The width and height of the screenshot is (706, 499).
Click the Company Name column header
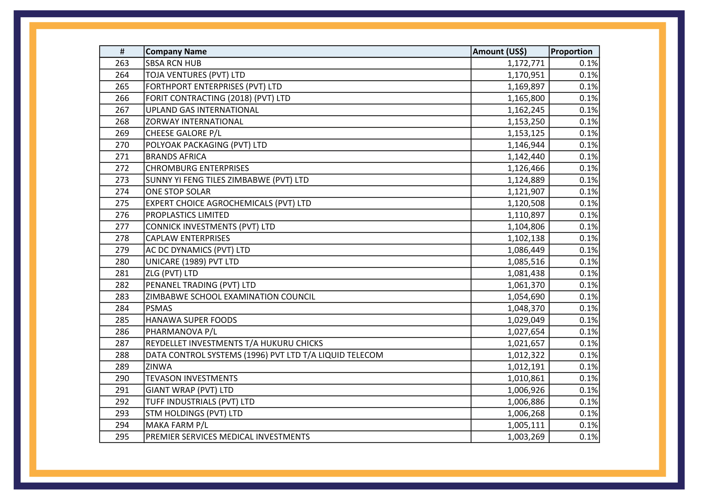[x=176, y=52]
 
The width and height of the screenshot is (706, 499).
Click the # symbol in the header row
[x=122, y=52]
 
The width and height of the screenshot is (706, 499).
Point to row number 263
[x=122, y=63]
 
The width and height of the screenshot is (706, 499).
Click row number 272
[x=122, y=168]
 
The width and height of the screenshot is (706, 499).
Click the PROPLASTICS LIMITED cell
[x=187, y=215]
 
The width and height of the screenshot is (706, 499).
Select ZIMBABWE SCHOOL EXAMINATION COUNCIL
[x=230, y=297]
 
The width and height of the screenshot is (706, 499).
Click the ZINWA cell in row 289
[x=159, y=367]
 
